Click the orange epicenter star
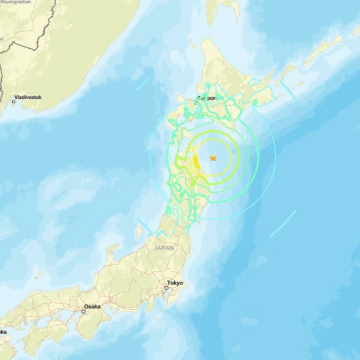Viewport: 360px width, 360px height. point(213,157)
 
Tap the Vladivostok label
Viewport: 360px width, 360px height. point(31,98)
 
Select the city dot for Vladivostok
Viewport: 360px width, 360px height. point(14,102)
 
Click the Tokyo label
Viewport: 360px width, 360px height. point(175,283)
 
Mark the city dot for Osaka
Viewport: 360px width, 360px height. point(84,311)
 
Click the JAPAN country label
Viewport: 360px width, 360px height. point(164,248)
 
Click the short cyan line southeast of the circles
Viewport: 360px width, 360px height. point(283,224)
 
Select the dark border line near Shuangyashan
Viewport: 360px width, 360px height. point(35,35)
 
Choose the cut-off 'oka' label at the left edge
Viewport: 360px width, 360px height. point(3,332)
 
